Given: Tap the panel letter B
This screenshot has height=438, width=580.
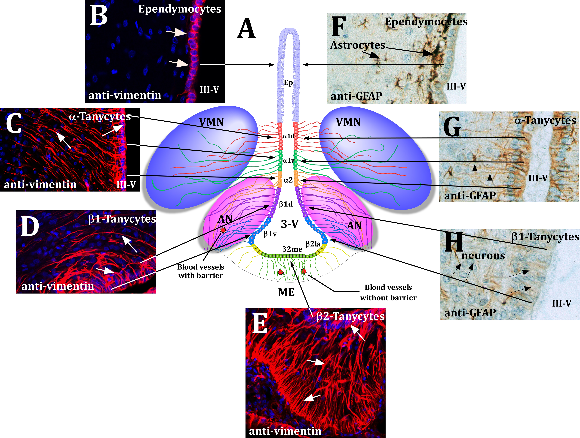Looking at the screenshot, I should [x=99, y=15].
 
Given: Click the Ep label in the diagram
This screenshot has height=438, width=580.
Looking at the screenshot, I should [x=288, y=83].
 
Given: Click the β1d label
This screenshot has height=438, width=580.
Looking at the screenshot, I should [x=286, y=204].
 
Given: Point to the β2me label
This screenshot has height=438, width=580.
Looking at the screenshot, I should [x=292, y=249].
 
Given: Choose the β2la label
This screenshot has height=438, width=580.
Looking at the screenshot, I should [x=313, y=244].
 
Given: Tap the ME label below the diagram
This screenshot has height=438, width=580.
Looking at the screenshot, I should [x=286, y=292].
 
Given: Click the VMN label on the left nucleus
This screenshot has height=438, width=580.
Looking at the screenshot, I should [x=211, y=122].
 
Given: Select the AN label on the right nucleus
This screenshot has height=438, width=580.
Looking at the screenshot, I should [x=354, y=225].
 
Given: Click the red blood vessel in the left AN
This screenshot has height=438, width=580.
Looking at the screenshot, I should [x=223, y=230].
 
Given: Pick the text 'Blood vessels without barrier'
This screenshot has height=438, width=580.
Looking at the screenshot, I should [x=388, y=293].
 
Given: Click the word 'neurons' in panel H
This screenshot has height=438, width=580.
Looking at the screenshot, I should [x=483, y=255].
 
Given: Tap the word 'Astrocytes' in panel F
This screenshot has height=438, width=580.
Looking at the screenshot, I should [x=358, y=45].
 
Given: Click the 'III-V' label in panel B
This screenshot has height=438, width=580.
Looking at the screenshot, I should [x=209, y=90].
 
